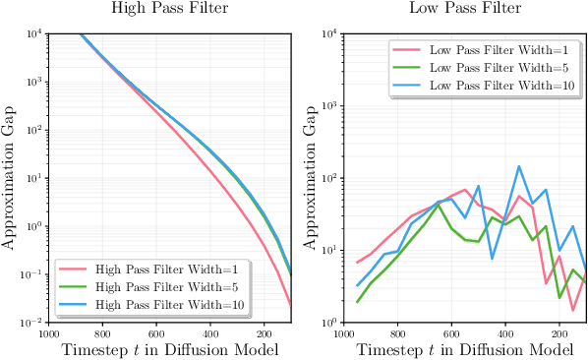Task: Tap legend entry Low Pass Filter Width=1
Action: click(497, 49)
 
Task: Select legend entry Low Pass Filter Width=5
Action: click(497, 67)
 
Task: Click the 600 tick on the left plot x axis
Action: click(156, 333)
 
